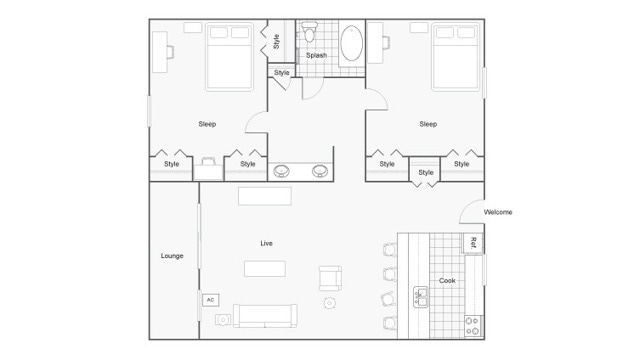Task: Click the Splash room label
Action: click(x=316, y=55)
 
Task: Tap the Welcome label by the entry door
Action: click(x=498, y=212)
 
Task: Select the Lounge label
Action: click(x=172, y=256)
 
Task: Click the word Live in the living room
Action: click(x=267, y=243)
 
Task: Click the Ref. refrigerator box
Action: click(x=472, y=242)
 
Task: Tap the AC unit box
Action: click(x=210, y=299)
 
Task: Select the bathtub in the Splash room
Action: click(x=353, y=44)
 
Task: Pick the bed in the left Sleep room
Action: click(x=229, y=56)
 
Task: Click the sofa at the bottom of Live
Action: click(x=265, y=315)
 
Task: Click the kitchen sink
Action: click(x=421, y=296)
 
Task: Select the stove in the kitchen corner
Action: click(x=473, y=324)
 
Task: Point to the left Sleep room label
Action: click(x=207, y=124)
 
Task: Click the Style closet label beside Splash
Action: click(x=276, y=41)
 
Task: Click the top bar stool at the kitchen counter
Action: click(x=390, y=250)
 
